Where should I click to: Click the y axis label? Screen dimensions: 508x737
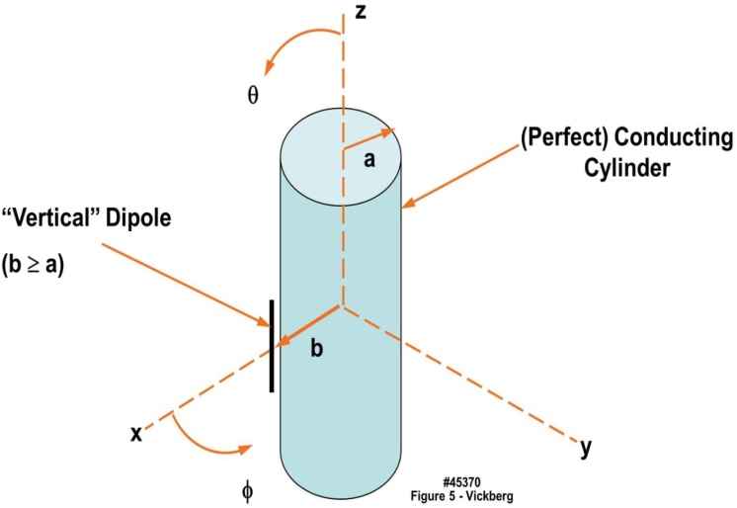click(586, 450)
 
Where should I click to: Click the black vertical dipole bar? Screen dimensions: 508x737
click(272, 343)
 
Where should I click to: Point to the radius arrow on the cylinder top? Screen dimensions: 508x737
click(369, 139)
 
